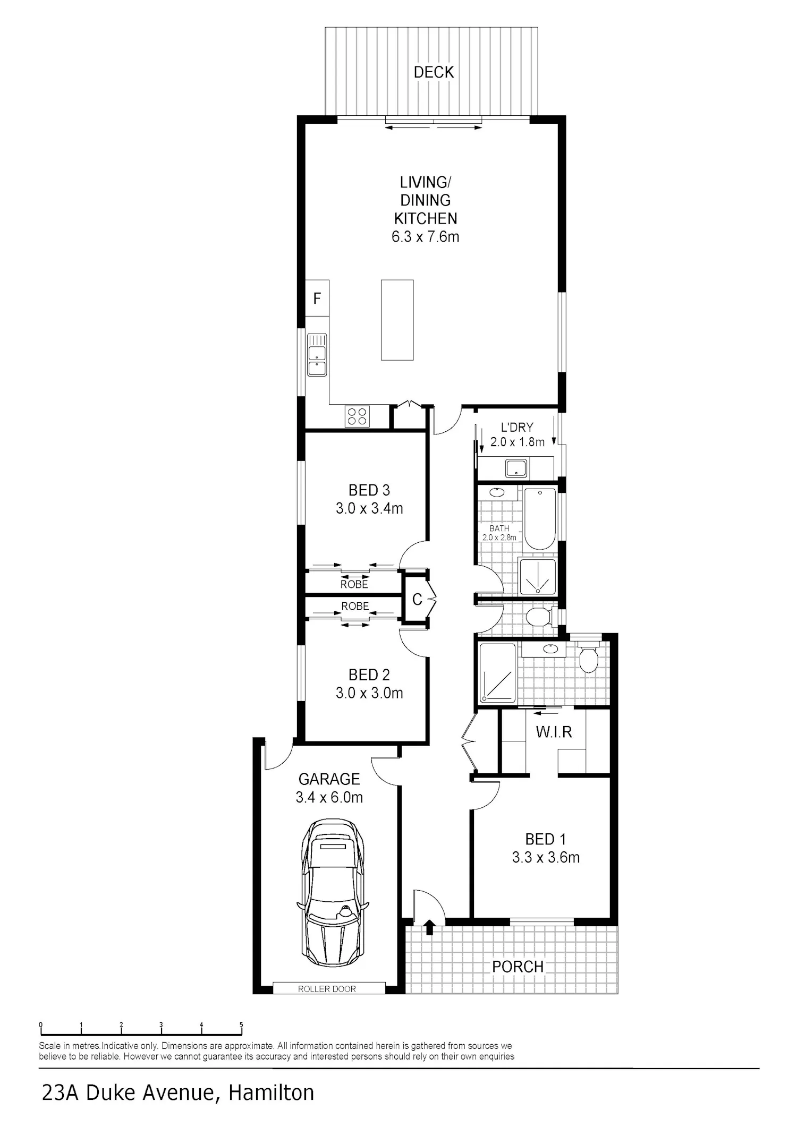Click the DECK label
point(434,72)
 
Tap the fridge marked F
point(317,298)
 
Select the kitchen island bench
point(397,320)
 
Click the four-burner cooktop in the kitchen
point(357,416)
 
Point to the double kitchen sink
point(317,355)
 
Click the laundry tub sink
point(516,468)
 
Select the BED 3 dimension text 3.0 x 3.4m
point(369,508)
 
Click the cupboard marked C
point(417,600)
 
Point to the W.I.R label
point(554,732)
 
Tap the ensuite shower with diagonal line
point(497,673)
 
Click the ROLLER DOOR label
point(327,989)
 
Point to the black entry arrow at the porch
point(429,928)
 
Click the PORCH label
point(518,967)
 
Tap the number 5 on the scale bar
point(241,1025)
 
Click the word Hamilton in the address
point(272,1093)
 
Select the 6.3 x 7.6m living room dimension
point(425,236)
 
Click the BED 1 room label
point(545,839)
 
